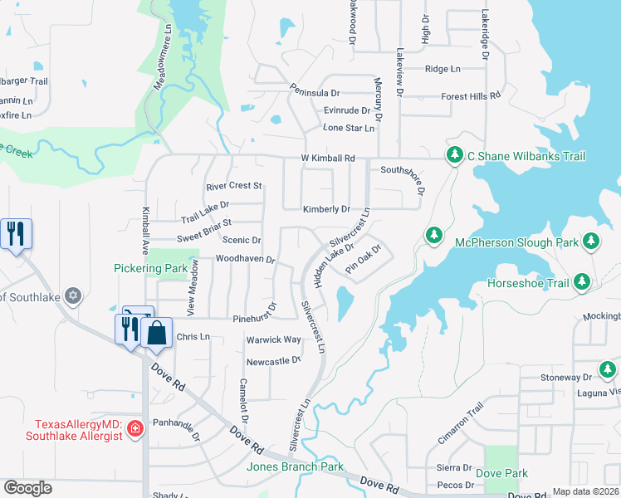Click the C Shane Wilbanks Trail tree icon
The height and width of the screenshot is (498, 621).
(454, 155)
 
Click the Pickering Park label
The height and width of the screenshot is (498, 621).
(150, 269)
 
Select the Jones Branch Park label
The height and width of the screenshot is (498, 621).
(295, 466)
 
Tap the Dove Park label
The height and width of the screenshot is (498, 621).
(501, 473)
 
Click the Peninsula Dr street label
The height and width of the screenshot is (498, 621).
(315, 90)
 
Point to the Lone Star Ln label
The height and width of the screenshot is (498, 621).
(349, 128)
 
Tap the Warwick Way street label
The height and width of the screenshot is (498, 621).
(273, 340)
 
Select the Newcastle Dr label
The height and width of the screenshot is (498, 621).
(273, 361)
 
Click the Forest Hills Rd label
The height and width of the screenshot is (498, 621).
(471, 96)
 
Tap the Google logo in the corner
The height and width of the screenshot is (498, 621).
(27, 488)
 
